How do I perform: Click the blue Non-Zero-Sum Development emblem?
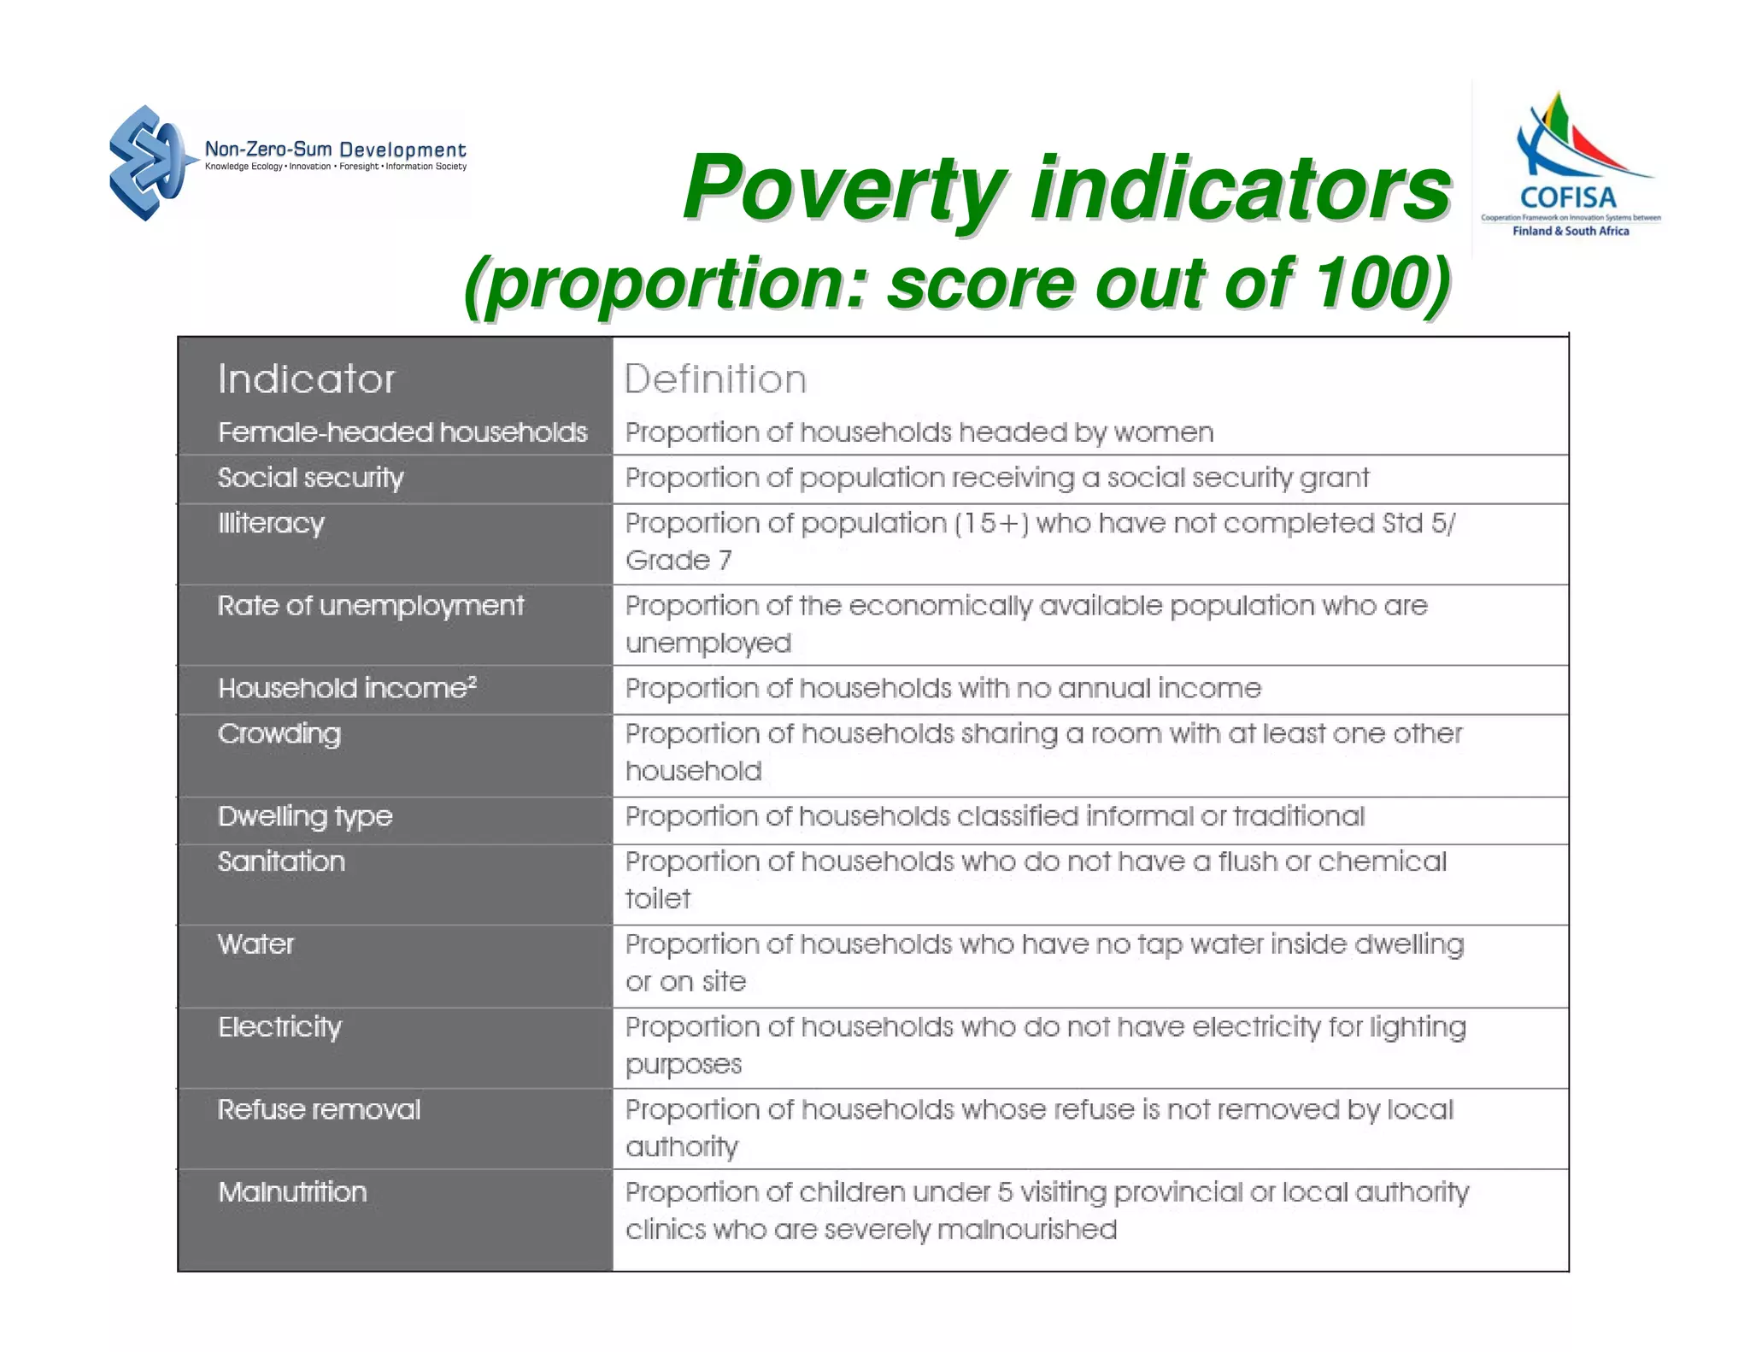click(148, 162)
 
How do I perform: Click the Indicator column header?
click(306, 379)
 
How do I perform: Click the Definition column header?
click(715, 379)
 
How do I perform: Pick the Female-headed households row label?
click(402, 432)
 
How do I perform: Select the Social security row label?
click(310, 478)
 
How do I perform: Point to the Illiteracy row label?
click(271, 523)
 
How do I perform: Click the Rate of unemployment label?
click(370, 606)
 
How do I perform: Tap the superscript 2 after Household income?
click(472, 681)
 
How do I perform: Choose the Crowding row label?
click(279, 734)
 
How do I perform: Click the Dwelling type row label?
click(305, 816)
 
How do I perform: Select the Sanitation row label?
click(281, 861)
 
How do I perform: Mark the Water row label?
click(255, 944)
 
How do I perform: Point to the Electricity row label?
click(279, 1026)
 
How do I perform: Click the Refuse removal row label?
click(319, 1109)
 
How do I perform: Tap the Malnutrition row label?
click(292, 1192)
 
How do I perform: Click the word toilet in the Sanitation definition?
click(657, 899)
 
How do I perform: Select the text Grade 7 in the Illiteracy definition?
click(678, 561)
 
